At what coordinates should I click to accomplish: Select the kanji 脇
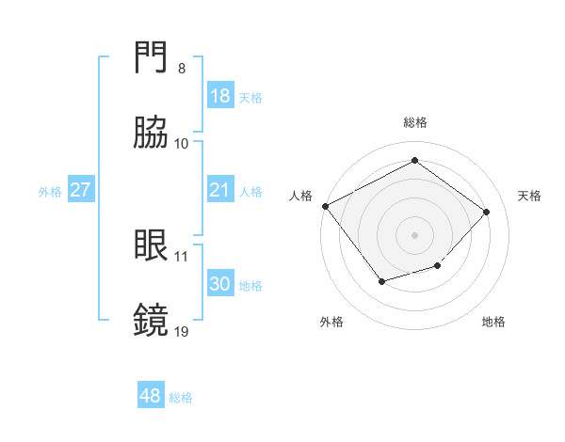(153, 134)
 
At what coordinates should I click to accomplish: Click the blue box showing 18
(219, 96)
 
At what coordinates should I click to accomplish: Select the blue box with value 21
(219, 190)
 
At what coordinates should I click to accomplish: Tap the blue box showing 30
(219, 284)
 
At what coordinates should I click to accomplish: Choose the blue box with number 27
(81, 190)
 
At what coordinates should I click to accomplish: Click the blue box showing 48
(151, 396)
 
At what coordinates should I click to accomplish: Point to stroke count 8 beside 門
(182, 69)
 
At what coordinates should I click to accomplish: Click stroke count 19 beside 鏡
(182, 331)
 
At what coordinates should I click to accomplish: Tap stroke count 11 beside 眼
(182, 256)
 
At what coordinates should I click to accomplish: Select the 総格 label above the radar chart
(415, 122)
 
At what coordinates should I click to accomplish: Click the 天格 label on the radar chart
(530, 196)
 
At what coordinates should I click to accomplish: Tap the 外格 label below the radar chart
(331, 322)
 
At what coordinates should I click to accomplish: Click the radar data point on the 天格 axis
(486, 212)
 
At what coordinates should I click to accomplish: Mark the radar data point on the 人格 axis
(325, 206)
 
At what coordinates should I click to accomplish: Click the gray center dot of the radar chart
(414, 234)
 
